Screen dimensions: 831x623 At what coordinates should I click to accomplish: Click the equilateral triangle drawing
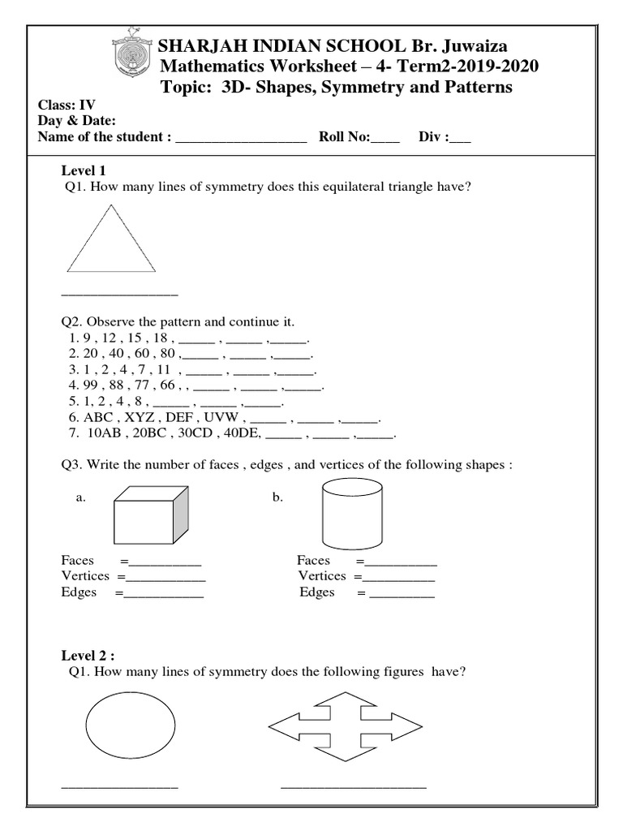110,242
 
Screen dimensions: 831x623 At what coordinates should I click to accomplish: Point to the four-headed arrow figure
346,726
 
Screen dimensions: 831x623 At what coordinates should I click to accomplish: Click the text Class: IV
69,105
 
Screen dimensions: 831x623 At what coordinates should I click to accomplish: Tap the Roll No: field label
344,137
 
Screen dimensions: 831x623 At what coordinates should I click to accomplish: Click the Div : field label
433,137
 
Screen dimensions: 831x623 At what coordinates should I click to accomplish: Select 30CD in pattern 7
202,433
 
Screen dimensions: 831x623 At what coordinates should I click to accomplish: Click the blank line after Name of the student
240,139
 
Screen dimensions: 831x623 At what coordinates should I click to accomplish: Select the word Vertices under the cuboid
85,576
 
